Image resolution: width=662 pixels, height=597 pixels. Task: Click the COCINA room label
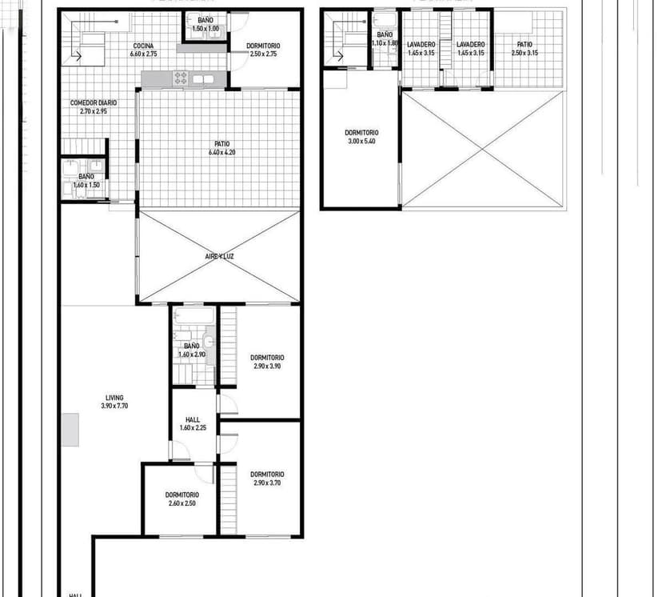click(x=144, y=46)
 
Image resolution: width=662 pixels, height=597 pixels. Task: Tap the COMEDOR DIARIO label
click(x=94, y=103)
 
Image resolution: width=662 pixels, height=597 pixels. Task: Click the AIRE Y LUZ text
click(x=218, y=256)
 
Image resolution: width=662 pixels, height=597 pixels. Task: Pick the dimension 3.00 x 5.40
click(x=361, y=141)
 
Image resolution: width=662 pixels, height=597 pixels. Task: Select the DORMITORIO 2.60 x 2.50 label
click(x=182, y=499)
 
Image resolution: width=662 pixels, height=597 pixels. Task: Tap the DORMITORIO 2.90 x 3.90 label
click(x=267, y=362)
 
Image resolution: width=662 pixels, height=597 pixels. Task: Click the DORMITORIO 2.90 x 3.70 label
click(x=267, y=478)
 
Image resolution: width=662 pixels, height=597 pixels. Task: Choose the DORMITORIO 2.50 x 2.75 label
click(x=263, y=50)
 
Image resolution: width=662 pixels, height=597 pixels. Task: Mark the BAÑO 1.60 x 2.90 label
click(x=192, y=350)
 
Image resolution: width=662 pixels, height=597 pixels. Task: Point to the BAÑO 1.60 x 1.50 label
click(x=86, y=181)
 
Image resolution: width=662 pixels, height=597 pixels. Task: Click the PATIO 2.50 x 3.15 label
click(x=524, y=49)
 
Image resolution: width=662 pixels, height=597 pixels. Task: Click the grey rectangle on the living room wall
click(x=72, y=430)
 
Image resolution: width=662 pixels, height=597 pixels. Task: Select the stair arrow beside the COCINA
click(x=78, y=55)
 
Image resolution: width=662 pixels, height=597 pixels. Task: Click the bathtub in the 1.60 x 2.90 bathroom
click(x=193, y=317)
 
